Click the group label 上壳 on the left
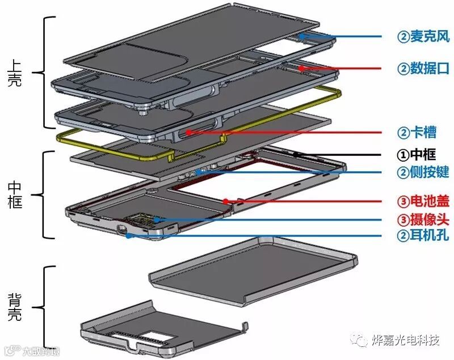pyautogui.click(x=15, y=73)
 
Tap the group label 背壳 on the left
pyautogui.click(x=15, y=306)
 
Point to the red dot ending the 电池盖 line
pyautogui.click(x=225, y=201)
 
